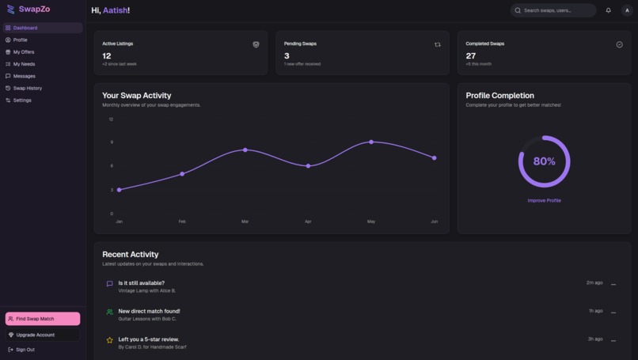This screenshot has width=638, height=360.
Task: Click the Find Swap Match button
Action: (x=43, y=319)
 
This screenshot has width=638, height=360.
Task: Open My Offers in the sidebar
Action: (x=24, y=52)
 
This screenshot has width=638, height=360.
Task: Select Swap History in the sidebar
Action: (x=27, y=88)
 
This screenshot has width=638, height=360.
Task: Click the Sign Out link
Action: (x=25, y=349)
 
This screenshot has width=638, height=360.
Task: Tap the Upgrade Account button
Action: (x=35, y=335)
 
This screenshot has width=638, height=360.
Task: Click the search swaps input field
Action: (x=553, y=10)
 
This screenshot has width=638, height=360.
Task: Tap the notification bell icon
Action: (x=608, y=10)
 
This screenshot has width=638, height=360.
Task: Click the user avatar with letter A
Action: (x=627, y=10)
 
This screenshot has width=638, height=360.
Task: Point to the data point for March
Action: (x=245, y=150)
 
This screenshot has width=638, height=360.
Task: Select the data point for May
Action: (x=371, y=142)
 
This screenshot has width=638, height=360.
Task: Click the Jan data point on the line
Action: (x=120, y=190)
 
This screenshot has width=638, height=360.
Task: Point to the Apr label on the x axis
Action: (x=308, y=222)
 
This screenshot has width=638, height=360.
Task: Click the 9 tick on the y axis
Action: (x=111, y=142)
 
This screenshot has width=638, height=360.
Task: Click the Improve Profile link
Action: (x=544, y=200)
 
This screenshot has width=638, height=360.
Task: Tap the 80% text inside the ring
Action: (x=544, y=161)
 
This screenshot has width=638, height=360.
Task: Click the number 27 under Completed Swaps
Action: (x=471, y=55)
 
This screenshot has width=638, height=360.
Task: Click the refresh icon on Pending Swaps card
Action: (x=437, y=45)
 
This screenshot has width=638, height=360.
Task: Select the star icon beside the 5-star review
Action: (x=109, y=340)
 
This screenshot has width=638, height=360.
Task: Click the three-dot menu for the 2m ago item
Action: (x=613, y=284)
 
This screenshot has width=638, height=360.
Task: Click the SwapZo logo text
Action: (x=34, y=9)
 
